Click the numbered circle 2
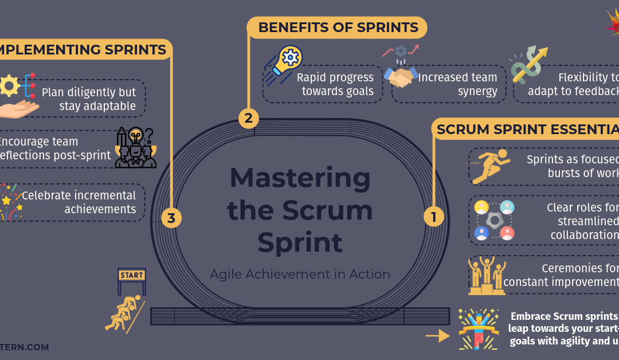click(248, 119)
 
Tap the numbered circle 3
click(171, 218)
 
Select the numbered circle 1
click(433, 217)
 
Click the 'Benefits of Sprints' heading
click(338, 27)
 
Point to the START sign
click(132, 275)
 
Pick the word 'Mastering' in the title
click(300, 178)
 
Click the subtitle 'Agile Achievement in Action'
click(300, 274)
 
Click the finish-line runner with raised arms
click(479, 329)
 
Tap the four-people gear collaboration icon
click(495, 220)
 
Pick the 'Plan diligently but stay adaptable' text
click(89, 99)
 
